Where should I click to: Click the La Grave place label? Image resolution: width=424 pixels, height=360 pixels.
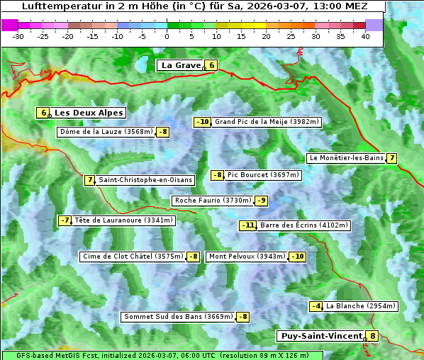(x=182, y=65)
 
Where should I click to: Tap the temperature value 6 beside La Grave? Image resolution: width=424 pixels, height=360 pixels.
(x=211, y=65)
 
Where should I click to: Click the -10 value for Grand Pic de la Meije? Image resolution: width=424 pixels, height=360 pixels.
(x=203, y=122)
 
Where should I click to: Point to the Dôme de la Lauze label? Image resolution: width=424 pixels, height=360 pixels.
(x=106, y=132)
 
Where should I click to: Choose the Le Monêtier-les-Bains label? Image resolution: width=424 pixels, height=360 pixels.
(x=345, y=158)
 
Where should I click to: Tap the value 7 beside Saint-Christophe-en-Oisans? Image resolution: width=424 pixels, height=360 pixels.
(x=89, y=180)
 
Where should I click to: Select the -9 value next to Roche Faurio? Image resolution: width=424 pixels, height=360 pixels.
(x=262, y=201)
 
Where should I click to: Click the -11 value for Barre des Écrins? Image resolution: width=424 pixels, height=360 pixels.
(x=247, y=225)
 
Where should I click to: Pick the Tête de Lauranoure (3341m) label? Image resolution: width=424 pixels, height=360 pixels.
(x=123, y=220)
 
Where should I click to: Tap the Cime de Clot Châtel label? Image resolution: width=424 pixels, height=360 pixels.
(x=133, y=257)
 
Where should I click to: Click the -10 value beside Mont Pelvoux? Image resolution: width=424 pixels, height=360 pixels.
(x=297, y=257)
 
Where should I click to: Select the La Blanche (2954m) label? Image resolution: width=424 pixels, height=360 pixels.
(x=360, y=306)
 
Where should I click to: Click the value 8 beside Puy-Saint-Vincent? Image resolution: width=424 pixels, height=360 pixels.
(x=373, y=336)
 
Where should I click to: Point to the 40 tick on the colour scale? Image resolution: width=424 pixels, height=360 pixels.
(x=365, y=35)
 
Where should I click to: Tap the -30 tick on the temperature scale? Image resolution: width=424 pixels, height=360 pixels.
(x=18, y=35)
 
